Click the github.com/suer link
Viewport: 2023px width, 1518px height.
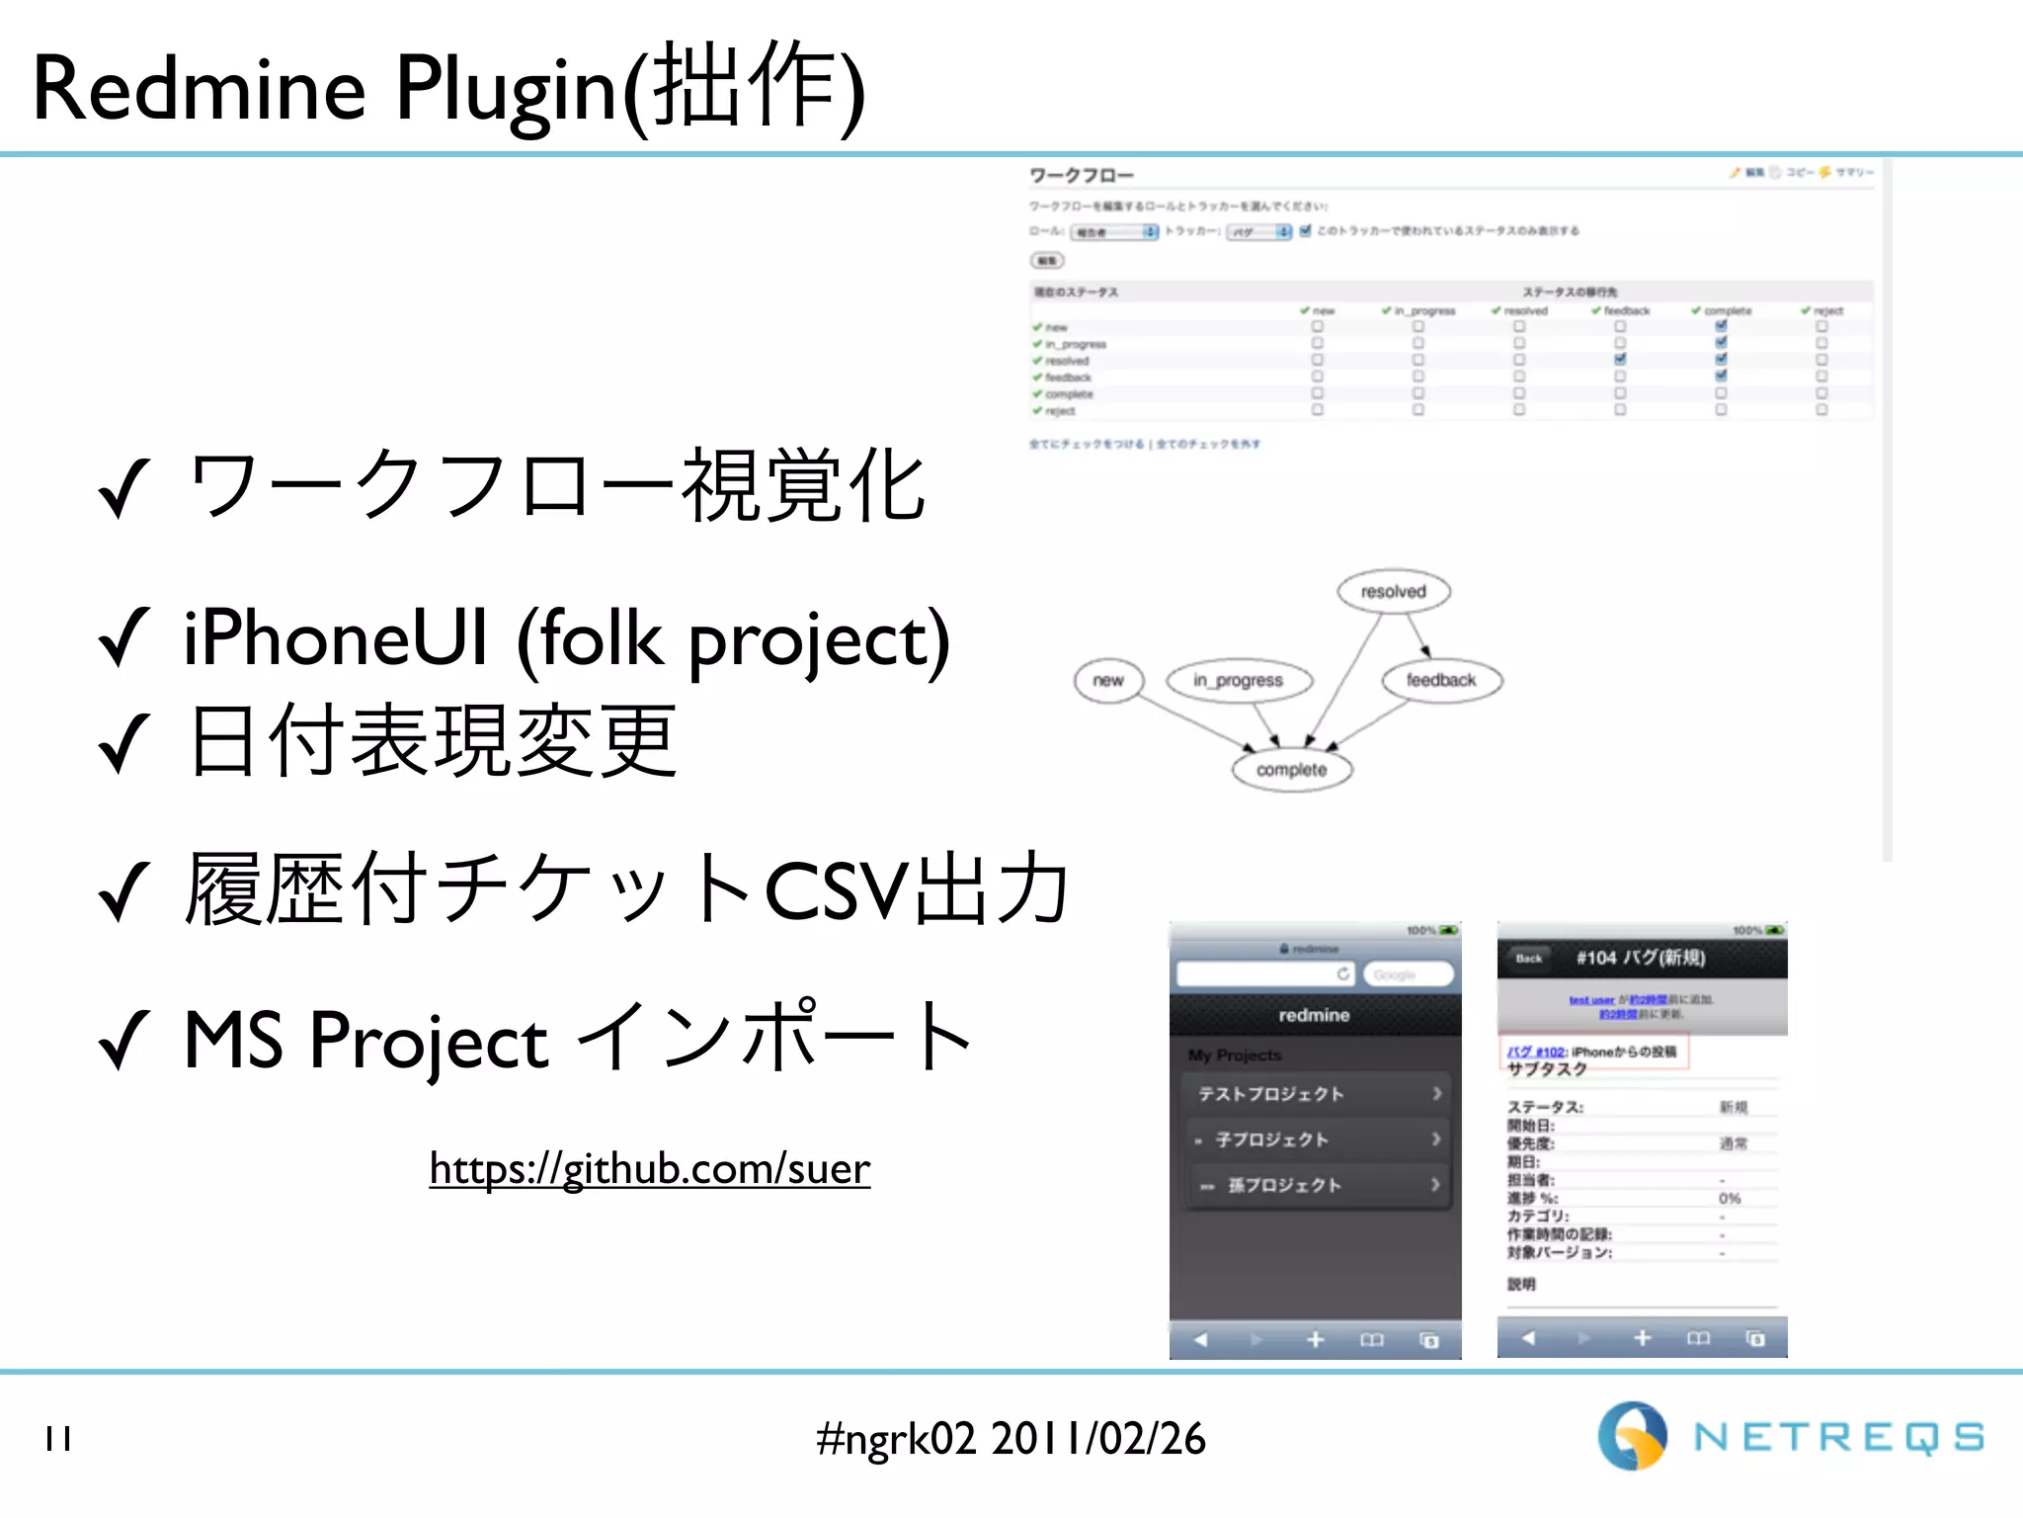[x=649, y=1168]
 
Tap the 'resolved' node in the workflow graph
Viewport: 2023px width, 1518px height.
[x=1393, y=591]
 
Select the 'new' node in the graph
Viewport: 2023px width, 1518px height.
[x=1107, y=680]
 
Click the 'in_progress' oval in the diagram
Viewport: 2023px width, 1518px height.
[x=1238, y=680]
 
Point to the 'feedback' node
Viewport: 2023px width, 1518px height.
[x=1440, y=680]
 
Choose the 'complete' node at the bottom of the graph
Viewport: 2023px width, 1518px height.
[x=1291, y=769]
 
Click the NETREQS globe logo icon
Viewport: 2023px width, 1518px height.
[x=1632, y=1435]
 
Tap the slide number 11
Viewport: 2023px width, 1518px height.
[x=58, y=1439]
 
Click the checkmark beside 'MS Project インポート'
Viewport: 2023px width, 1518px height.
[x=123, y=1040]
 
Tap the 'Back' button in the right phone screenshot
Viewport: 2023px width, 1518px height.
[x=1528, y=958]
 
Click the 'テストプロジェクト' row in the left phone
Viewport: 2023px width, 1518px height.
[x=1314, y=1093]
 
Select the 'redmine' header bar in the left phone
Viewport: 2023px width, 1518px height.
[x=1314, y=1015]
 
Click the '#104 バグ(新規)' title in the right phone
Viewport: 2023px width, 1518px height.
[x=1640, y=958]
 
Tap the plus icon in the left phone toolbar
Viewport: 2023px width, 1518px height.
[x=1315, y=1339]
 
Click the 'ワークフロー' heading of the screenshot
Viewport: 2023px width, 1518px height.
[x=1082, y=176]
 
